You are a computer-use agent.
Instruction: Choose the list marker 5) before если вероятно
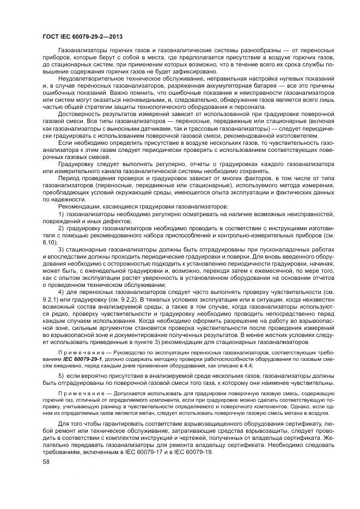tap(61, 376)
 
